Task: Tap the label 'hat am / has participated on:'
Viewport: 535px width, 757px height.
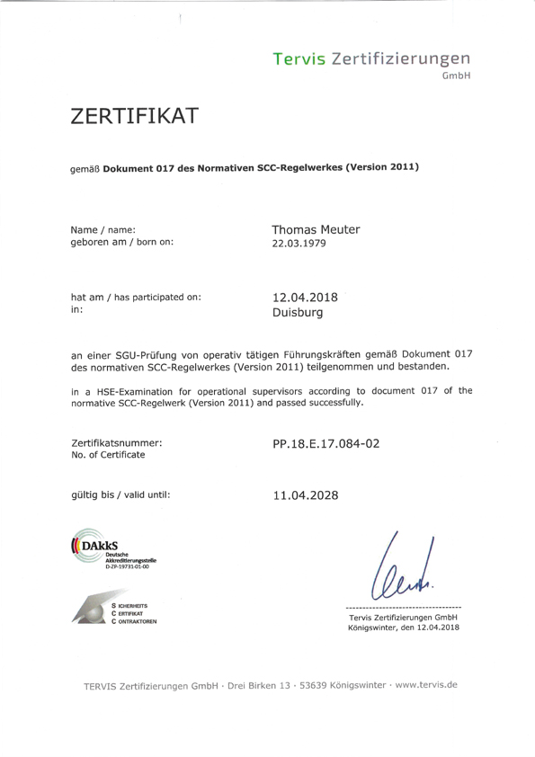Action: [x=135, y=298]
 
